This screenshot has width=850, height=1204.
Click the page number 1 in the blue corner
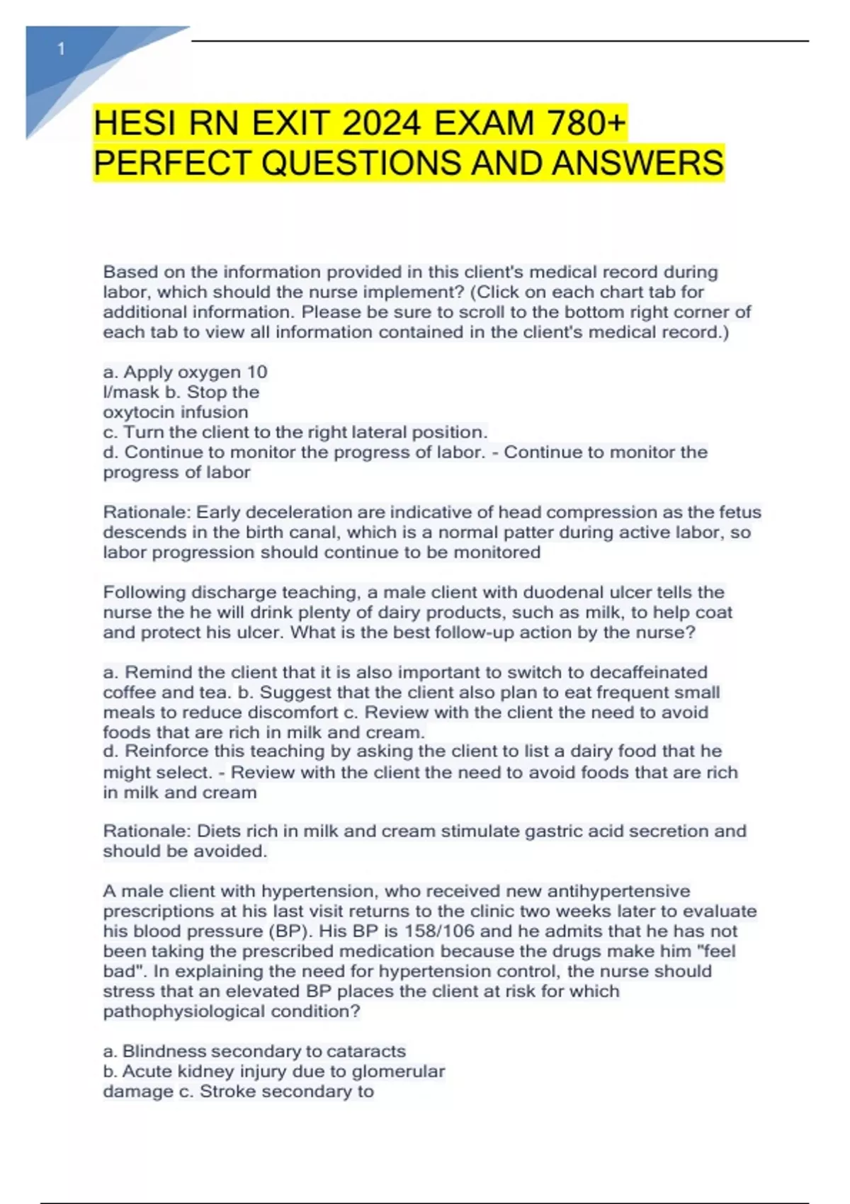(x=62, y=49)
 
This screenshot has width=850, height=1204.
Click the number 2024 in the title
(x=382, y=124)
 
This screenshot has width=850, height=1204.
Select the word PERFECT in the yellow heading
(x=173, y=163)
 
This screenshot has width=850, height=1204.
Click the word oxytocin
(x=138, y=412)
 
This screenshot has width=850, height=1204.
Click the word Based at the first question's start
(x=127, y=272)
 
